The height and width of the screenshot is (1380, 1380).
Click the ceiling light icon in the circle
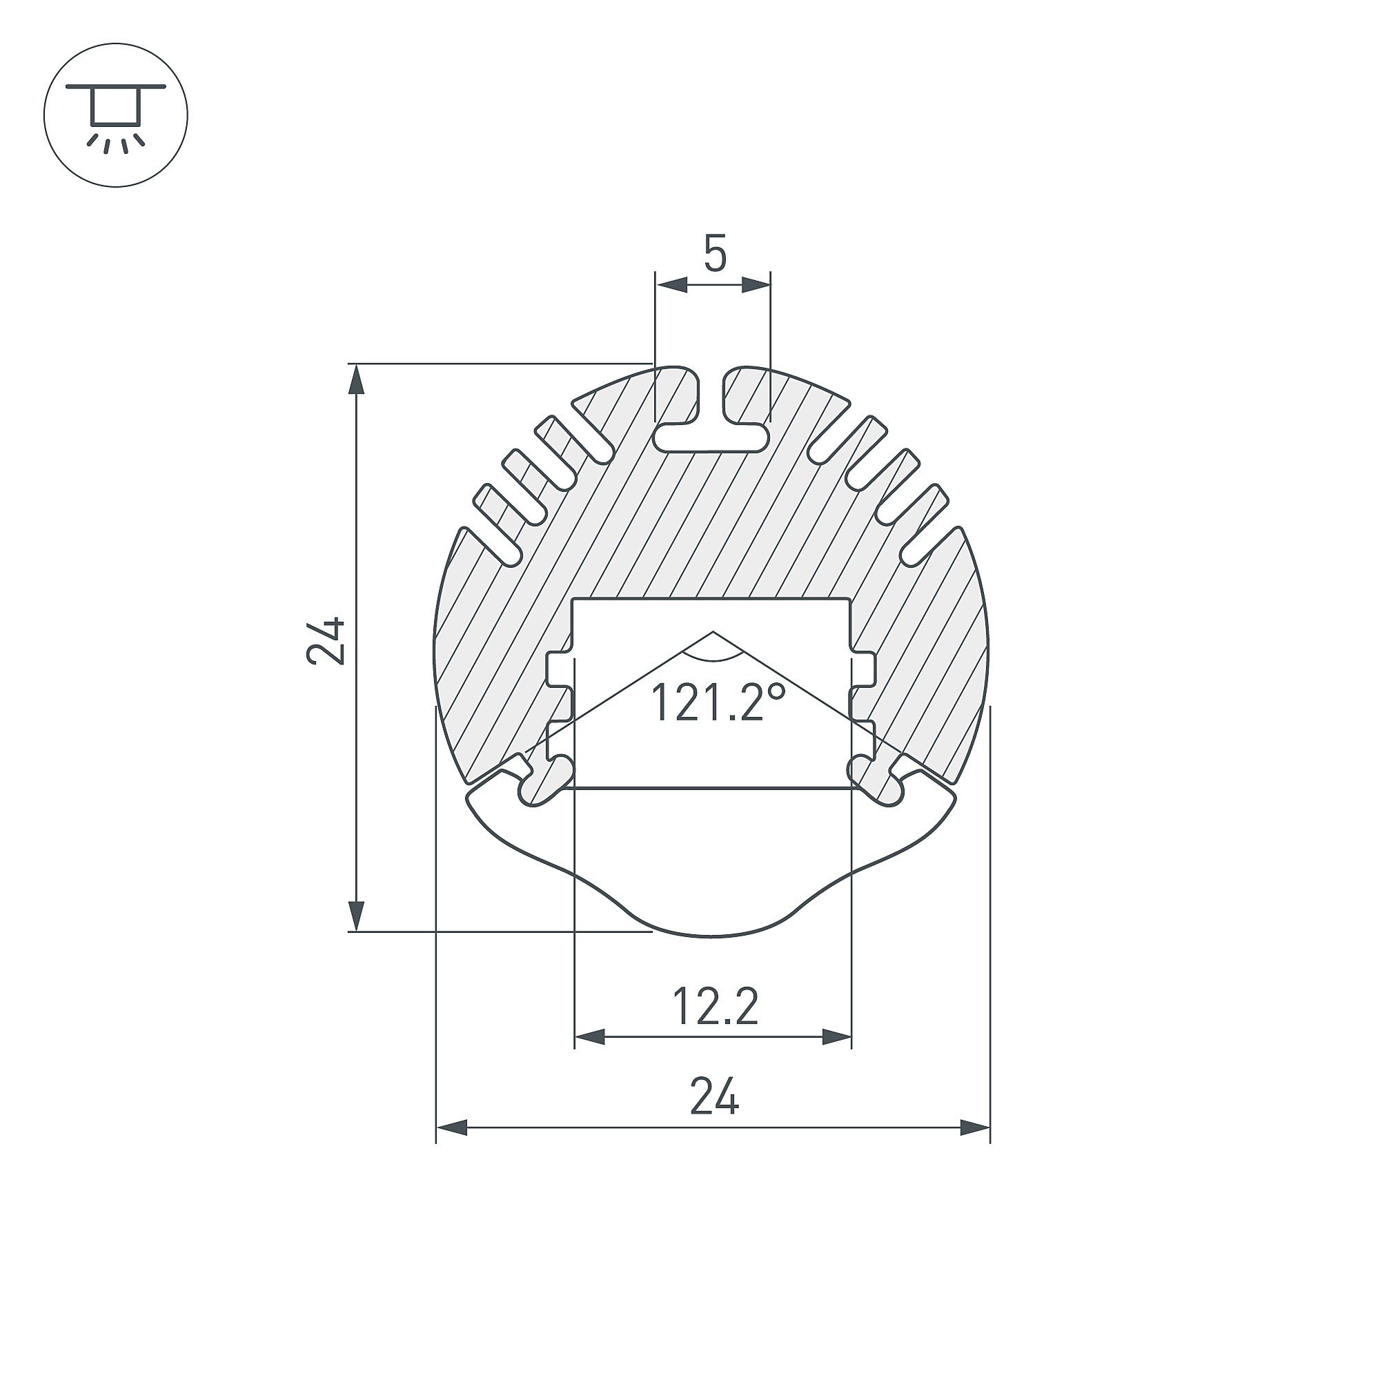[116, 116]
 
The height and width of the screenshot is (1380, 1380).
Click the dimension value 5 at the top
[715, 253]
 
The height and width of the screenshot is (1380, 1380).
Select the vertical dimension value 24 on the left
[326, 641]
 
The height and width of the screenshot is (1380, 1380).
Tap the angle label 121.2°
[718, 702]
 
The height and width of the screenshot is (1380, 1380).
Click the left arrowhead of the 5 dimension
[671, 285]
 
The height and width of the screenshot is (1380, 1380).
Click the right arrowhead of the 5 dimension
[756, 285]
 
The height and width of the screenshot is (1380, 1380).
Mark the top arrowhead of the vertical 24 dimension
[356, 379]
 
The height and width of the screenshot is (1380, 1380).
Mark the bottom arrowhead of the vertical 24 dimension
[356, 916]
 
